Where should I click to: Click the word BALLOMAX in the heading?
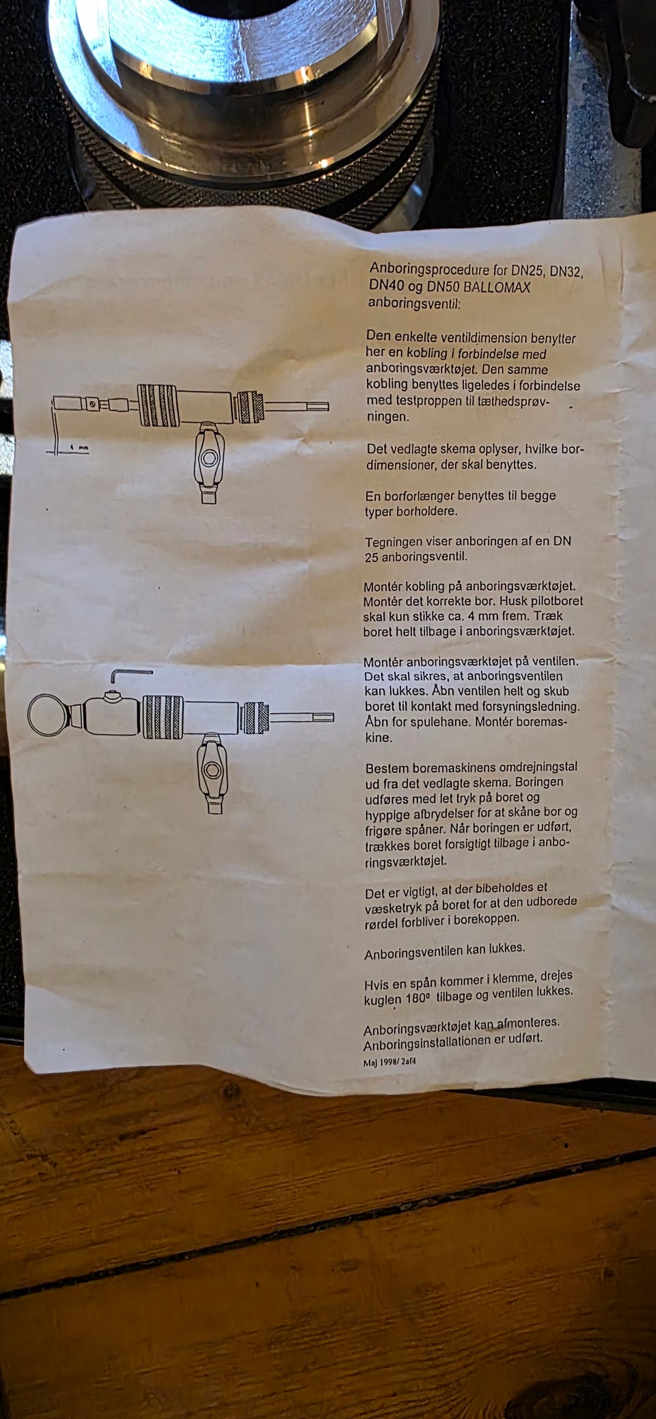(497, 287)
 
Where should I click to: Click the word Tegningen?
(393, 543)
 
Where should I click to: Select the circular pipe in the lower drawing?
(49, 715)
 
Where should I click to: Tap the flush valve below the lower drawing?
(213, 773)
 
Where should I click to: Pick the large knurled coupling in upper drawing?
(159, 405)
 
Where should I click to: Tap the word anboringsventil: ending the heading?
(414, 302)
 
